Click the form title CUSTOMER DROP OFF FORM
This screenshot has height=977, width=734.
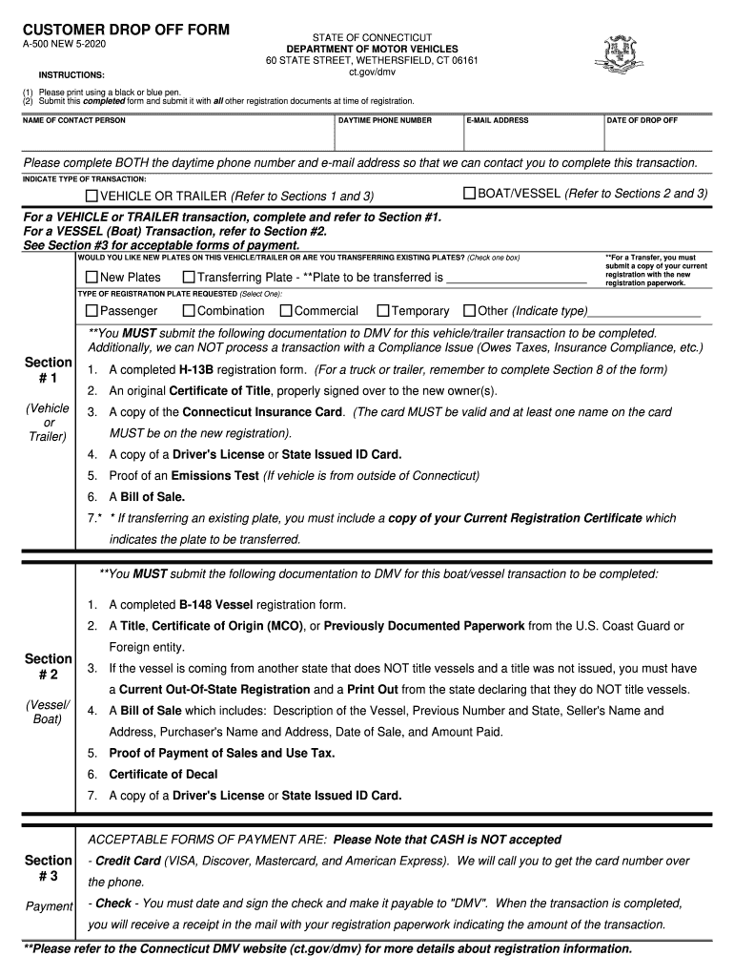coord(126,30)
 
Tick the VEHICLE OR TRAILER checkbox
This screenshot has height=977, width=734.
coord(92,196)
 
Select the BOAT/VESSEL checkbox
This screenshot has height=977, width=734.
coord(469,194)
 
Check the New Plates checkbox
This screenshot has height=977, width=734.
coord(92,277)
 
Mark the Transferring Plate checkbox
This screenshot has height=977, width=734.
coord(189,277)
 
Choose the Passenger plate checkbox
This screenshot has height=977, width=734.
coord(92,310)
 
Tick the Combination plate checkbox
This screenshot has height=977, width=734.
coord(189,310)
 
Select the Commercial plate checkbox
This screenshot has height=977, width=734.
coord(285,310)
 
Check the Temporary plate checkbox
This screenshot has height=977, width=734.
coord(383,310)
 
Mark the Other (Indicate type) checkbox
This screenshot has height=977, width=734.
coord(469,310)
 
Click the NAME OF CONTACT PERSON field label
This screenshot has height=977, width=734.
coord(74,120)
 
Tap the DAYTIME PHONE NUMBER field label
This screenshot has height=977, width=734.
coord(385,120)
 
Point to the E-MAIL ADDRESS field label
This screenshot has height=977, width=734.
coord(498,120)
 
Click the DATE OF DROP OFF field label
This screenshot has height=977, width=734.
coord(642,120)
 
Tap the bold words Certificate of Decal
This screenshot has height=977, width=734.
coord(163,774)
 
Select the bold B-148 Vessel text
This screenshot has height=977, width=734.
coord(215,605)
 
